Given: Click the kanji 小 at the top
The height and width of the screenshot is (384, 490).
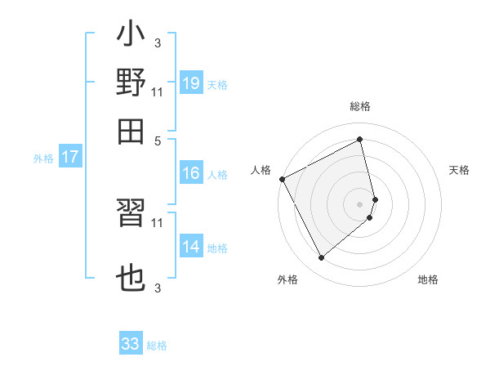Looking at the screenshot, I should [131, 38].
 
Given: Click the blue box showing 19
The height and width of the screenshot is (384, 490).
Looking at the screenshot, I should [191, 83].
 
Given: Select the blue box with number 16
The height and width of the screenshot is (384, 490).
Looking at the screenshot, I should [191, 173].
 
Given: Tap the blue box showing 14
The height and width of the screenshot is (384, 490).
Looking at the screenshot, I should [191, 247].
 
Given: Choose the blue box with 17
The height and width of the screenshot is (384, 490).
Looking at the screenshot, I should [70, 157].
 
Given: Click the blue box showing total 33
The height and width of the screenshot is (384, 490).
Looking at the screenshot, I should [131, 344].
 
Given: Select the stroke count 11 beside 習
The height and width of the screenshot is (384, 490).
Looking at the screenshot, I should [158, 221].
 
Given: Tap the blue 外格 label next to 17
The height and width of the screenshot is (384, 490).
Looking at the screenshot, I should [43, 158].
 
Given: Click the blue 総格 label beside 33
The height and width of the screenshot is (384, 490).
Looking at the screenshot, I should [157, 346].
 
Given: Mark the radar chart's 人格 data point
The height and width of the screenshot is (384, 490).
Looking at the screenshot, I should [282, 179].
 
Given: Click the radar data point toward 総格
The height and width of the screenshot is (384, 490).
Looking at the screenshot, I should [360, 139].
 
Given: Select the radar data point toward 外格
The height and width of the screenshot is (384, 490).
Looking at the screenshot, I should [321, 257].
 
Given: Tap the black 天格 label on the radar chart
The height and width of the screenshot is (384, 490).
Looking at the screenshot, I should [459, 170].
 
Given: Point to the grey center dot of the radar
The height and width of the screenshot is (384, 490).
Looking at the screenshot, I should [360, 203].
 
